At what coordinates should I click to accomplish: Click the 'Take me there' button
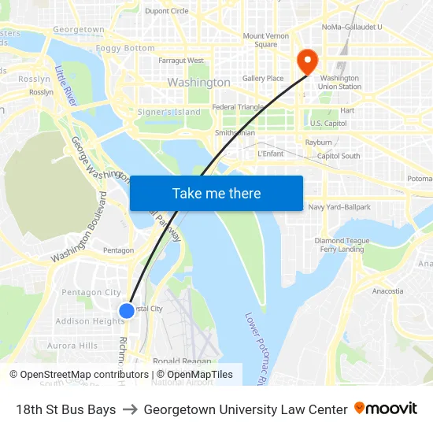[x=216, y=194]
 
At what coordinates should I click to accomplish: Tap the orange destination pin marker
[x=305, y=61]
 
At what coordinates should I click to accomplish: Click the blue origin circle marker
[x=126, y=311]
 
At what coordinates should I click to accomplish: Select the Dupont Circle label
[x=167, y=11]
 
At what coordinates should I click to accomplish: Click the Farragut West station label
[x=180, y=61]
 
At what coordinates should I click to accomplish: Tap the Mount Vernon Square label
[x=265, y=40]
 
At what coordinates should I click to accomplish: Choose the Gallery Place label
[x=263, y=79]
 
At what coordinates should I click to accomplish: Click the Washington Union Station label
[x=340, y=82]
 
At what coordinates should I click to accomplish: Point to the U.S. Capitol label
[x=328, y=124]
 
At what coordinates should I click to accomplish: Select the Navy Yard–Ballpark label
[x=339, y=207]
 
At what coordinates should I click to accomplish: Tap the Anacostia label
[x=387, y=291]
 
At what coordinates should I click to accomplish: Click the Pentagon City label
[x=91, y=292]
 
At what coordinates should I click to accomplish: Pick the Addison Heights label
[x=90, y=321]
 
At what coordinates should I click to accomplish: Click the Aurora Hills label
[x=72, y=346]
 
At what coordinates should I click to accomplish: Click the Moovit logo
[x=385, y=409]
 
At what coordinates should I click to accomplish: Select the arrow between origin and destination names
[x=130, y=409]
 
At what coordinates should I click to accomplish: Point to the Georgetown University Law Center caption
[x=246, y=409]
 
